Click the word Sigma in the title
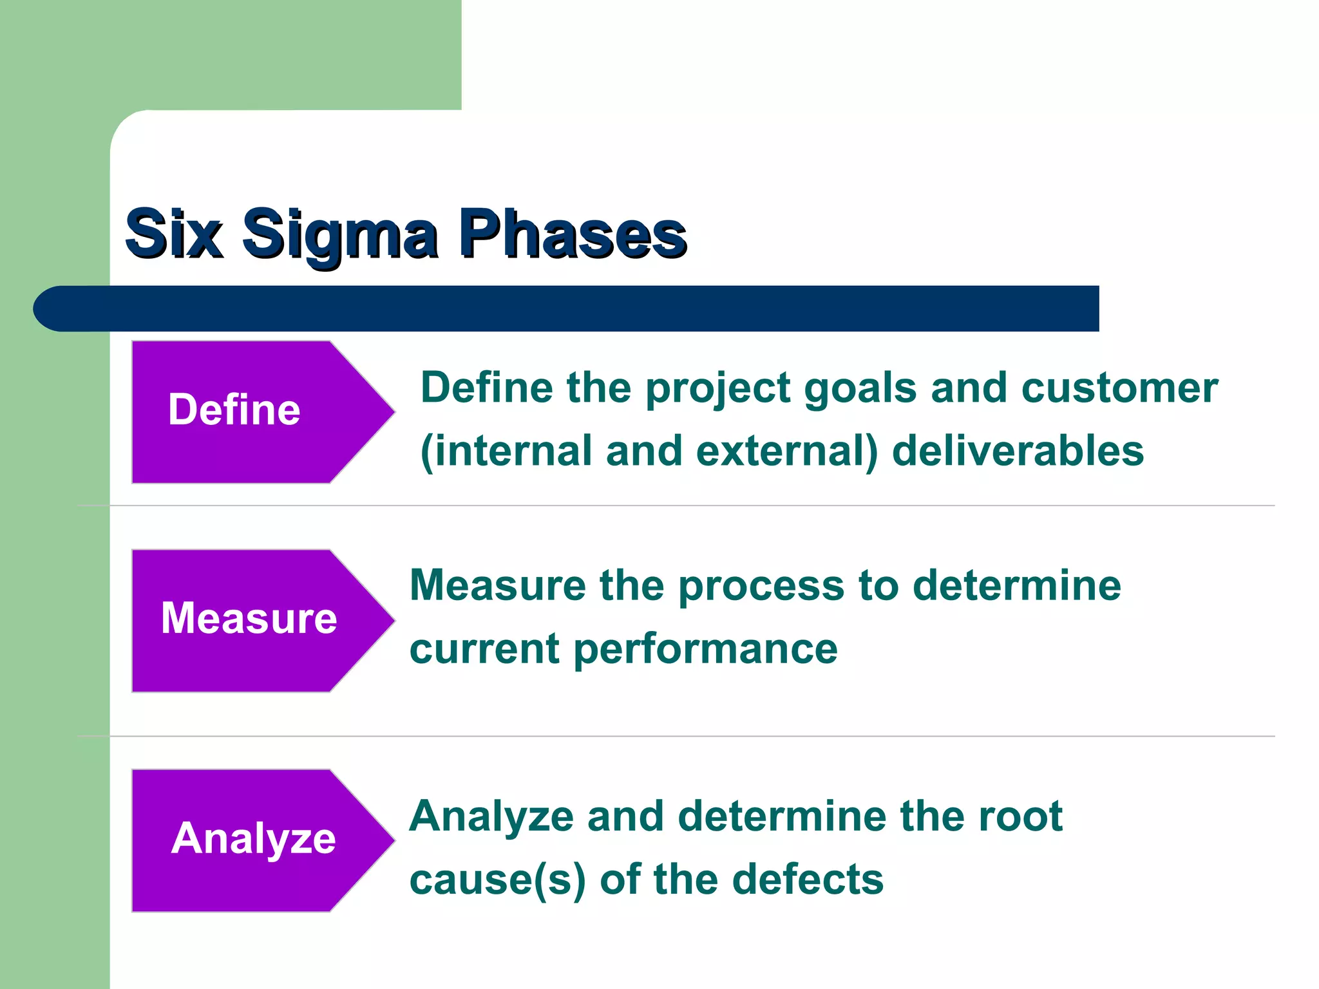pos(339,235)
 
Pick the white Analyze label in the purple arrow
pos(253,838)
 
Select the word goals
pos(860,389)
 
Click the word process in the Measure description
pos(761,587)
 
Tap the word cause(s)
pos(497,880)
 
